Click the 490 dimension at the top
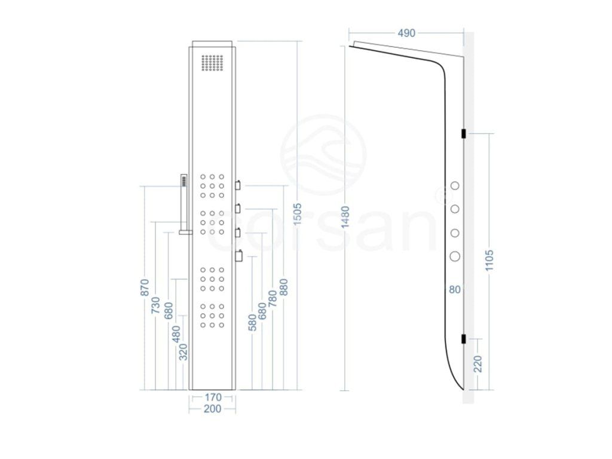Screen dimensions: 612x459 pos(406,33)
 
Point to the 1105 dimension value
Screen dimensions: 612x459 pos(489,261)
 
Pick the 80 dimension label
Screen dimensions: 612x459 pos(455,289)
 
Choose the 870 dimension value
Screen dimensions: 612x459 pos(144,287)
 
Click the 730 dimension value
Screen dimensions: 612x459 pos(156,305)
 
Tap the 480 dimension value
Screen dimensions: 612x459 pos(176,333)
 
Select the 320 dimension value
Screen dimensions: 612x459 pos(183,352)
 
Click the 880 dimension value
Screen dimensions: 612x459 pos(284,287)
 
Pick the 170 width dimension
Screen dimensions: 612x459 pos(212,397)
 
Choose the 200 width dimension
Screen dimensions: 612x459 pos(212,409)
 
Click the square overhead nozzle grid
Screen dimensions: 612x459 pos(212,64)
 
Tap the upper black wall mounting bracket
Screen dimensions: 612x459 pos(464,133)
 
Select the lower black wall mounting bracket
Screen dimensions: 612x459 pos(464,339)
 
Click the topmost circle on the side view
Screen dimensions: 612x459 pos(455,186)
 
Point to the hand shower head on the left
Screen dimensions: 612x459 pos(183,181)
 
